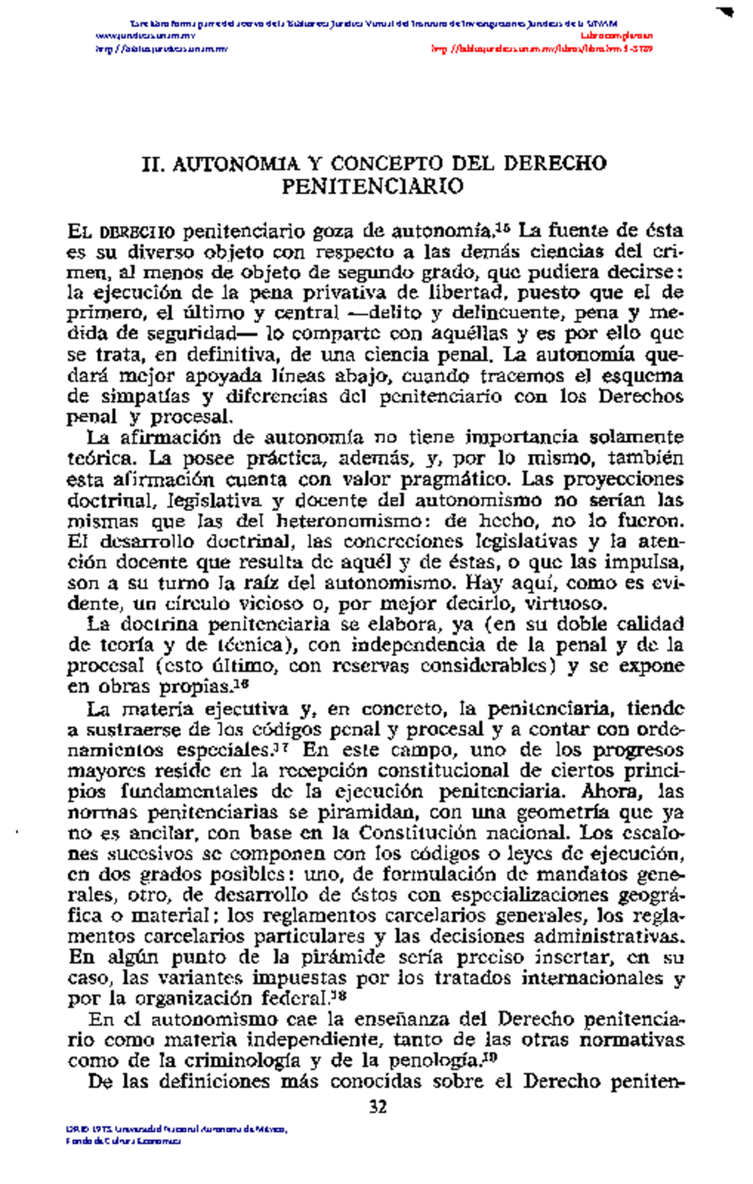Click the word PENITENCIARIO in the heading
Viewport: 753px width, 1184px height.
pyautogui.click(x=372, y=186)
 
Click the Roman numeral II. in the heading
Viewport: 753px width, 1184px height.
pyautogui.click(x=154, y=164)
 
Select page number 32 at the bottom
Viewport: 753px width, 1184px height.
pyautogui.click(x=378, y=1106)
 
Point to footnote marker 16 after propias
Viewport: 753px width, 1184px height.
pyautogui.click(x=243, y=684)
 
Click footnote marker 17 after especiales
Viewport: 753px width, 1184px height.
pyautogui.click(x=282, y=747)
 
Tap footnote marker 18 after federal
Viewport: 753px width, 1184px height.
pyautogui.click(x=339, y=996)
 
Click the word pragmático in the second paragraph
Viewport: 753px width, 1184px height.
pyautogui.click(x=449, y=480)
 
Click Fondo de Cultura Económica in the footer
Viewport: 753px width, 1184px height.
pyautogui.click(x=123, y=1141)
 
